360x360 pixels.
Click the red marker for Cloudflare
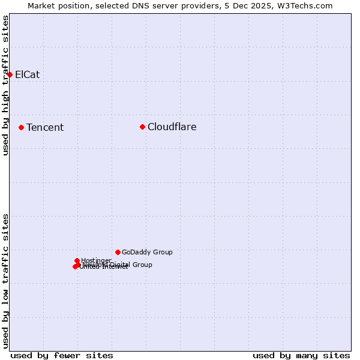click(x=142, y=127)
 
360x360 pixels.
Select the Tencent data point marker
click(x=21, y=127)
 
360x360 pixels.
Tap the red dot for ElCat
click(x=10, y=74)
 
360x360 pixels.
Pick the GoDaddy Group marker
click(x=118, y=252)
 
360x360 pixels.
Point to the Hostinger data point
click(x=77, y=260)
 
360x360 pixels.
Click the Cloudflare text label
click(x=172, y=127)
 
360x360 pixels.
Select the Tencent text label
click(x=45, y=127)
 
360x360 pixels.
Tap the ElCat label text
click(x=27, y=74)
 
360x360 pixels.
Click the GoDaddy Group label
click(x=147, y=252)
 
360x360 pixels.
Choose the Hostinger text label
click(x=96, y=260)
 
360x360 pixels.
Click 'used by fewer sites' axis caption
click(x=62, y=355)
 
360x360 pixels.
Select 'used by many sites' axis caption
click(x=301, y=355)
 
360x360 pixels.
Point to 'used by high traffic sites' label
click(x=5, y=85)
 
